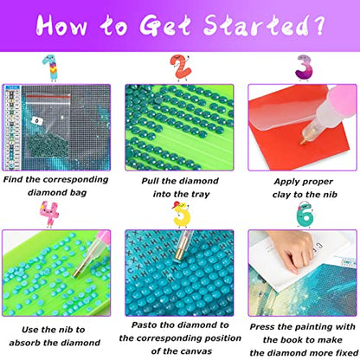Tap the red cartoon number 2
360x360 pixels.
pos(180,67)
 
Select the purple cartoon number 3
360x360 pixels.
pos(304,68)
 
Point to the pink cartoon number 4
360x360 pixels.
pos(49,214)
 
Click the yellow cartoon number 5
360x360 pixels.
pos(181,215)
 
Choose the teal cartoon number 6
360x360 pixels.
pos(305,215)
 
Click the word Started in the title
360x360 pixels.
pos(254,25)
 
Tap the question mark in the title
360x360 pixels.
pos(318,25)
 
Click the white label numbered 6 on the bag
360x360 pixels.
pos(36,120)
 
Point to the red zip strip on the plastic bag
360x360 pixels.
pos(48,97)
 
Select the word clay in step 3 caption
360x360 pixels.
pos(281,195)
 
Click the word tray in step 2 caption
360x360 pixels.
pos(200,195)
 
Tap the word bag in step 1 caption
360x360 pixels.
pos(78,193)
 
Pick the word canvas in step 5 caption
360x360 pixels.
pos(198,351)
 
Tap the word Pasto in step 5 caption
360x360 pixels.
pos(144,325)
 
